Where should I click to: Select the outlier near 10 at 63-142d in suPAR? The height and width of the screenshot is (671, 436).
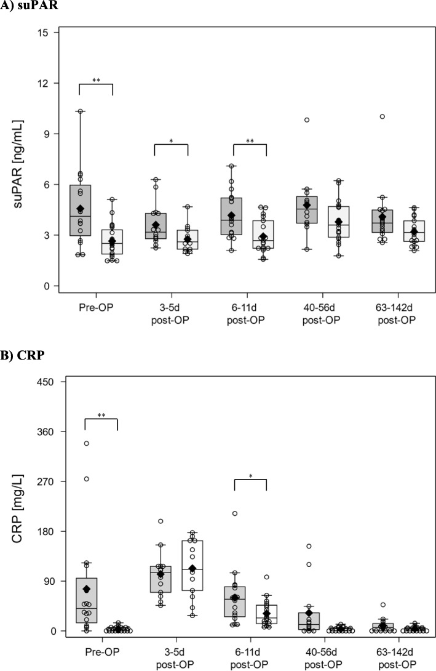(x=382, y=116)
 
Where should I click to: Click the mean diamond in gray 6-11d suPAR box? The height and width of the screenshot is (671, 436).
(x=232, y=215)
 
